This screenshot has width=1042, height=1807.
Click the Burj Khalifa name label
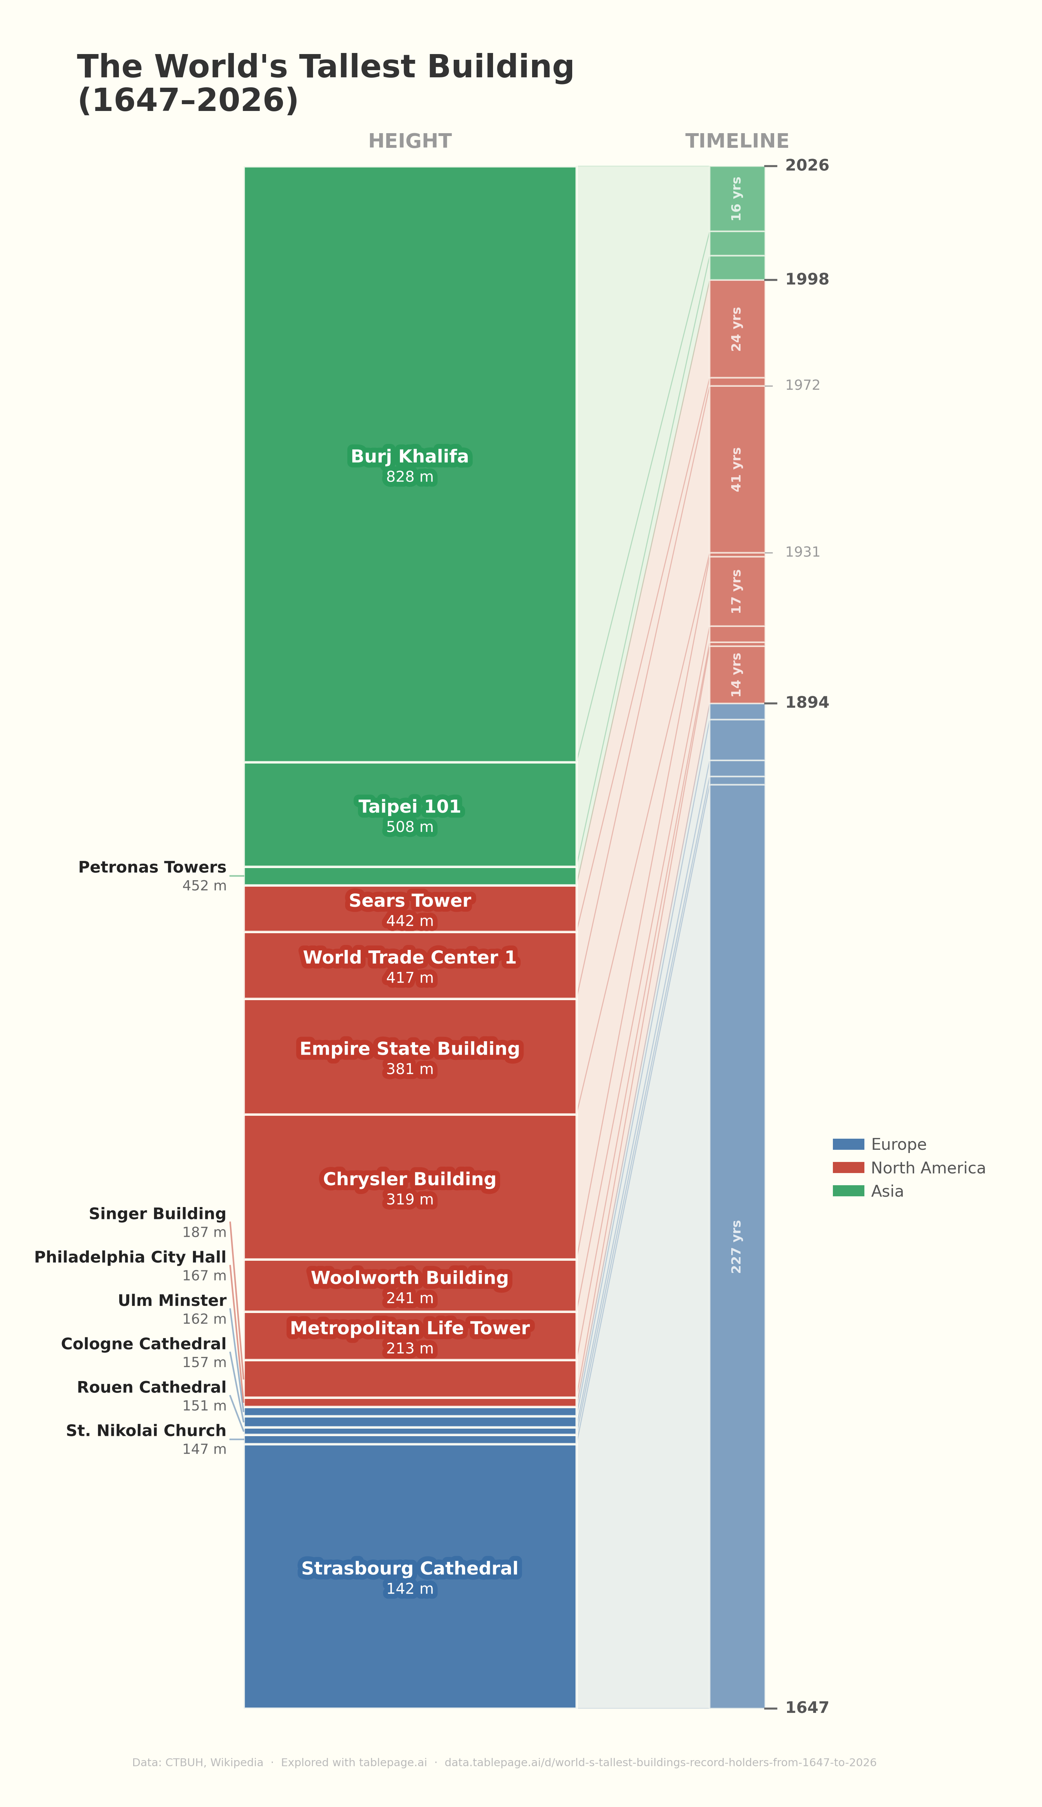point(409,456)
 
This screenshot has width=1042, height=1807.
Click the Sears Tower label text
point(409,901)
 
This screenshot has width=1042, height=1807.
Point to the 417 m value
point(409,978)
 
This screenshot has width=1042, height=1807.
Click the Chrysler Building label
point(409,1179)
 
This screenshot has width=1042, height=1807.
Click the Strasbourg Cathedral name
point(409,1568)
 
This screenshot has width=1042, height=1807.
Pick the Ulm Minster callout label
point(172,1300)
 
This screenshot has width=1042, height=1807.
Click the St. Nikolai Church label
point(146,1431)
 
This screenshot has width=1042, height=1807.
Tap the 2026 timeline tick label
point(806,165)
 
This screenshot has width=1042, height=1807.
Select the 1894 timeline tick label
point(806,702)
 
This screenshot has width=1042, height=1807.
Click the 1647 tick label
point(806,1707)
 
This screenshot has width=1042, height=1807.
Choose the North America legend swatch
point(848,1167)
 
